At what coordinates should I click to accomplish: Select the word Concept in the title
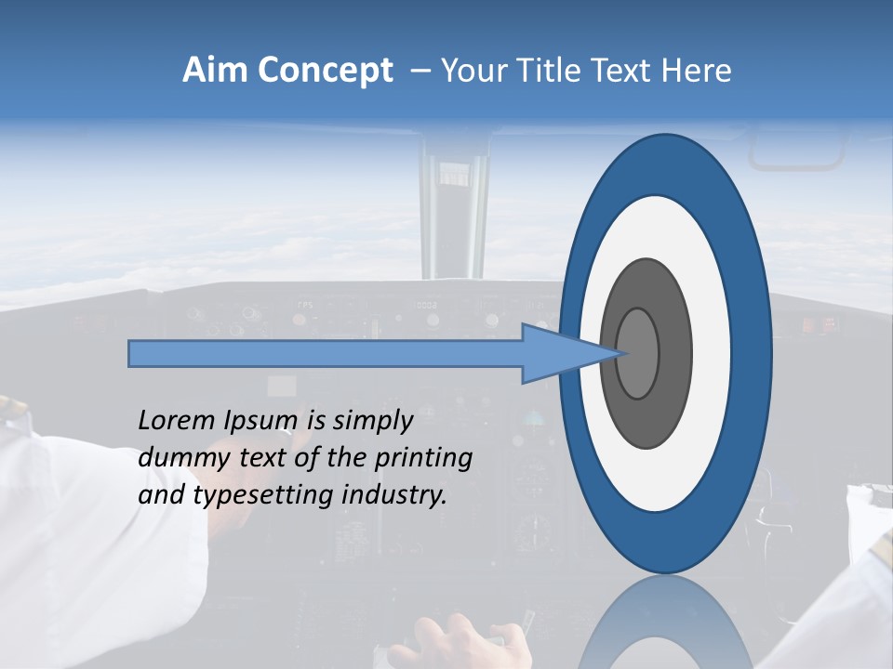325,71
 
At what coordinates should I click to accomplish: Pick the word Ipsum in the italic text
262,421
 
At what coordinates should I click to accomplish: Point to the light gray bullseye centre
638,353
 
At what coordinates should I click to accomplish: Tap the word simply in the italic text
372,421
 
